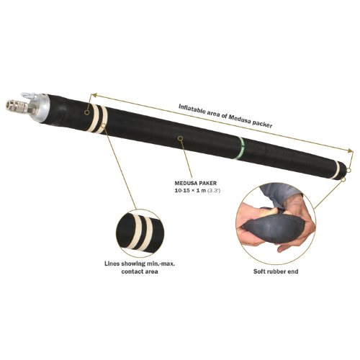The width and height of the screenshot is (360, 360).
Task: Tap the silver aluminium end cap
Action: coord(43,107)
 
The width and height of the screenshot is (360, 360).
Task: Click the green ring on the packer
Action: coord(240,148)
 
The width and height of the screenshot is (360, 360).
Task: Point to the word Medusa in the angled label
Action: coord(240,120)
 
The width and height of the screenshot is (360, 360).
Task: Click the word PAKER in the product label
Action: coord(207,183)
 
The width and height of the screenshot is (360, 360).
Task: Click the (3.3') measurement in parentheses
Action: coord(214,191)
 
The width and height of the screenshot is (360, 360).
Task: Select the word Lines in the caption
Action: coord(112,264)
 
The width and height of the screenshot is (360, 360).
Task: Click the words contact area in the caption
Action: coord(140,271)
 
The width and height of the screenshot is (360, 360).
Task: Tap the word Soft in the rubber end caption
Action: coord(259,271)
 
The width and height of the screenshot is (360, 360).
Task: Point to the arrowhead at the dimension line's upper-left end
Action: coord(93,95)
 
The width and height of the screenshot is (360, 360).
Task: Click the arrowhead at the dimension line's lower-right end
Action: coord(351,150)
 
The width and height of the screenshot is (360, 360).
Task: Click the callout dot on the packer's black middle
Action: coord(181,138)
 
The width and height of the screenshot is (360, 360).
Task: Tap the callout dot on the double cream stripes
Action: coord(104,125)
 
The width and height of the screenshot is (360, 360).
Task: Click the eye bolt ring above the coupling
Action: coord(27,96)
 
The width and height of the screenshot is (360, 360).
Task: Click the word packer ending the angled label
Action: coord(262,125)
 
